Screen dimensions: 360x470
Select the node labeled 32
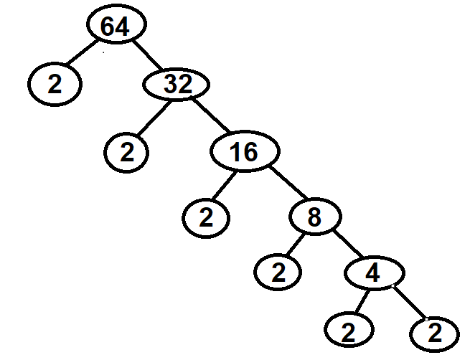[x=177, y=85]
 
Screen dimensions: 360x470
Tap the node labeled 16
[x=244, y=151]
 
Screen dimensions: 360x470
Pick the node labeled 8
[x=313, y=217]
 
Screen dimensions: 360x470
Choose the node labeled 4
[x=371, y=274]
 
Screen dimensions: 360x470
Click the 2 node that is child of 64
[x=56, y=85]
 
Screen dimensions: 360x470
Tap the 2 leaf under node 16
[x=205, y=217]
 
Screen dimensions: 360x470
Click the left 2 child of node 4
[x=349, y=331]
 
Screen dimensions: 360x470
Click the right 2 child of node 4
[x=433, y=332]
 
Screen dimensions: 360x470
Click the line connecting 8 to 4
[x=344, y=246]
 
